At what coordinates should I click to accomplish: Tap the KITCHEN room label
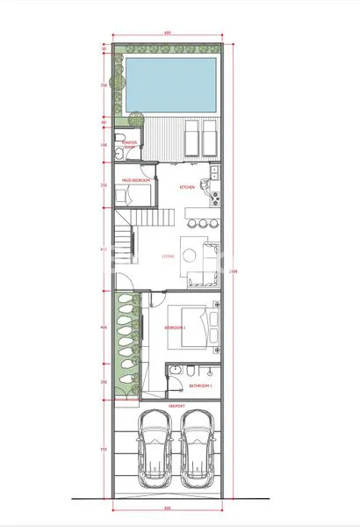click(x=187, y=187)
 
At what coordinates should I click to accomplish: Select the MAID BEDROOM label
click(x=136, y=179)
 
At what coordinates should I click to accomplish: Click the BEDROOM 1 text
click(x=176, y=328)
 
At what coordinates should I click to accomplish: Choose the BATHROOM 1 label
click(x=201, y=385)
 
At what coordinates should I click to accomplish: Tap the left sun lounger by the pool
click(x=191, y=137)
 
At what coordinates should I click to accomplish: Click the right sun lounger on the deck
click(x=209, y=137)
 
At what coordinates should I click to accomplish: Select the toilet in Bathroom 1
click(x=176, y=373)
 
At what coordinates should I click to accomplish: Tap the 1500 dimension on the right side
click(x=232, y=272)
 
